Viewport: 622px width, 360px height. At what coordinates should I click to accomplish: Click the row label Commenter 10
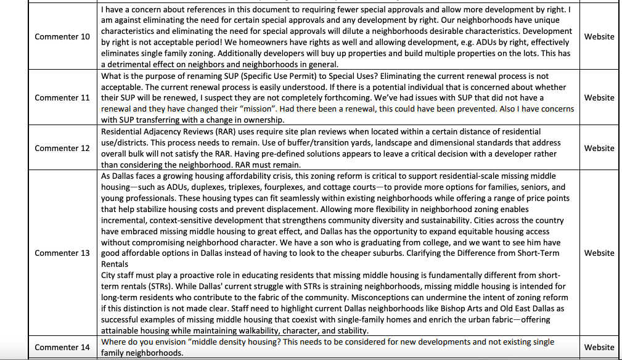click(x=62, y=37)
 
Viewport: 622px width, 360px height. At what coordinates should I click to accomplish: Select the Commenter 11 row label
click(x=62, y=98)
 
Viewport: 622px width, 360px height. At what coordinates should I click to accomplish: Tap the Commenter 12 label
click(x=62, y=148)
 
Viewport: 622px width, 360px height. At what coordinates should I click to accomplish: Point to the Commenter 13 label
click(x=62, y=253)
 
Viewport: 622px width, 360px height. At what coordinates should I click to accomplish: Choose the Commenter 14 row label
click(x=62, y=347)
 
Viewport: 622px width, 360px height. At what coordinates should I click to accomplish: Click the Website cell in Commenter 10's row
click(x=599, y=37)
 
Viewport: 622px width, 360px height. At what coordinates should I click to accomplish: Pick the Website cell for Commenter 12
click(x=599, y=148)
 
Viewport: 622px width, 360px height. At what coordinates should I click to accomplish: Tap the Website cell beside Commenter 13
click(x=599, y=253)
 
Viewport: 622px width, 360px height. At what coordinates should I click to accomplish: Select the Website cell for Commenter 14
click(x=599, y=347)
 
